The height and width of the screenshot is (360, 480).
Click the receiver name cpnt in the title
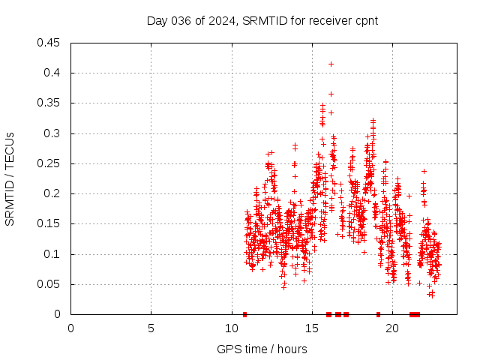(x=364, y=21)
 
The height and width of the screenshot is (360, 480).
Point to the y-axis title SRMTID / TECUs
(x=10, y=178)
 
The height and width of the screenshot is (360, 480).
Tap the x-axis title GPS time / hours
(x=262, y=349)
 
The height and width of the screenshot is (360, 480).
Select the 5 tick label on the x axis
(x=151, y=328)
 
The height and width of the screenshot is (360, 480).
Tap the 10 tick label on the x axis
(x=231, y=328)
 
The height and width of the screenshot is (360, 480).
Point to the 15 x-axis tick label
(x=311, y=328)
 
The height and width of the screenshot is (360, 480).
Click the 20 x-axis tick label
(x=391, y=328)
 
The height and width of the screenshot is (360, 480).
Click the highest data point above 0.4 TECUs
(x=331, y=64)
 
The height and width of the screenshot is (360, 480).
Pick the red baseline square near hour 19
(x=378, y=314)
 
